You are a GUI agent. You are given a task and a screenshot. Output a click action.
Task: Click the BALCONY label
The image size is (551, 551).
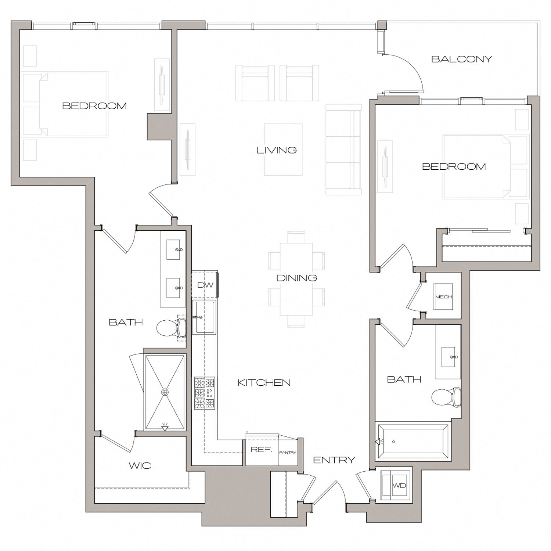click(461, 59)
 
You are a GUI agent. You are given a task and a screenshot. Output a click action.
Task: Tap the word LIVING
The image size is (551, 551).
click(277, 150)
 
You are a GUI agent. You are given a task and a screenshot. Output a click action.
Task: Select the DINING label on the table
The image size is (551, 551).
click(296, 278)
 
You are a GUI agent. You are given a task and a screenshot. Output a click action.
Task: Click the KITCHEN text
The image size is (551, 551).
click(264, 383)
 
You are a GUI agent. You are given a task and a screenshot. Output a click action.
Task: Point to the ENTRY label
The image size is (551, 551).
click(334, 460)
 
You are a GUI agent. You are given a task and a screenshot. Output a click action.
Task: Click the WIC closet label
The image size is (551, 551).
click(140, 466)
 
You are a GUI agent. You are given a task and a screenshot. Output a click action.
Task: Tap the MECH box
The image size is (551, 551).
click(443, 297)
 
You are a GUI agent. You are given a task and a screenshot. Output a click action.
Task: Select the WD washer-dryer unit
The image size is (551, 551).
click(399, 486)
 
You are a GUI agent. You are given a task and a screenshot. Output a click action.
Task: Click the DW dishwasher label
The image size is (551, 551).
click(205, 285)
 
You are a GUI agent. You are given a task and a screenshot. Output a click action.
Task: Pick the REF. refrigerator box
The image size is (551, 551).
click(261, 450)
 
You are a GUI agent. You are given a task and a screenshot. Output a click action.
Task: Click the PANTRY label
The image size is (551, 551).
click(288, 453)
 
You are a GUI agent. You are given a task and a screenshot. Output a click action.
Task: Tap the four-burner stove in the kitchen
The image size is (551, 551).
click(205, 393)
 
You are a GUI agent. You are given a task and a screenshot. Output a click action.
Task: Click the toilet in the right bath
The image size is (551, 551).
click(446, 397)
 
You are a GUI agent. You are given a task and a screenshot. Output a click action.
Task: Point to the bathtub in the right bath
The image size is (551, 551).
click(413, 442)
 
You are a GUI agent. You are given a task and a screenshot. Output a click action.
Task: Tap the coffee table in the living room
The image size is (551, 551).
click(283, 150)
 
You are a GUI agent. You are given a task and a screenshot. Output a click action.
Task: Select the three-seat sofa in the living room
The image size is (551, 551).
click(343, 150)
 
